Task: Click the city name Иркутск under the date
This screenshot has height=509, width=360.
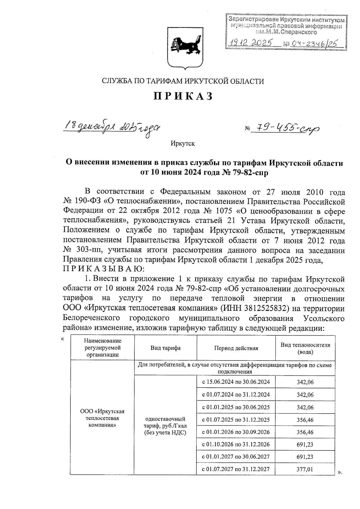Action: click(183, 144)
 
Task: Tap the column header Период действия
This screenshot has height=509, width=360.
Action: click(236, 348)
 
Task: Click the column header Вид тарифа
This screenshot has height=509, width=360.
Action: click(165, 348)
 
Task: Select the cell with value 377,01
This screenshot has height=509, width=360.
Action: click(305, 469)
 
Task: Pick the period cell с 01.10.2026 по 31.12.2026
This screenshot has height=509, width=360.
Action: click(236, 444)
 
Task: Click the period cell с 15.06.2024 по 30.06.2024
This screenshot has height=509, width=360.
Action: click(236, 382)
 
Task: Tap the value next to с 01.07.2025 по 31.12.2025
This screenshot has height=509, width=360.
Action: click(305, 420)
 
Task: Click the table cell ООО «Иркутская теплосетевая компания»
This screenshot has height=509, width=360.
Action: click(102, 418)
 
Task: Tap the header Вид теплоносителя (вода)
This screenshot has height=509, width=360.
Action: click(305, 348)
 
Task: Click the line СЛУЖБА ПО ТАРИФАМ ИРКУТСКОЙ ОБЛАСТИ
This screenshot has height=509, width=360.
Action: click(183, 81)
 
